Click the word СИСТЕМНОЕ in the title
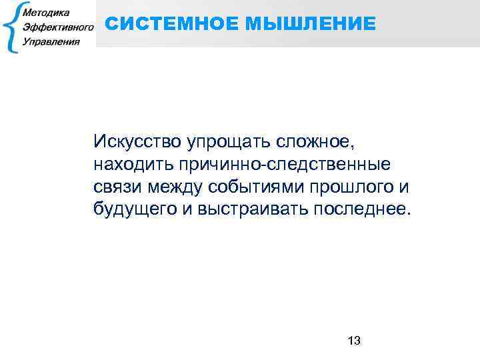171,25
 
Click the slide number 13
354,341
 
